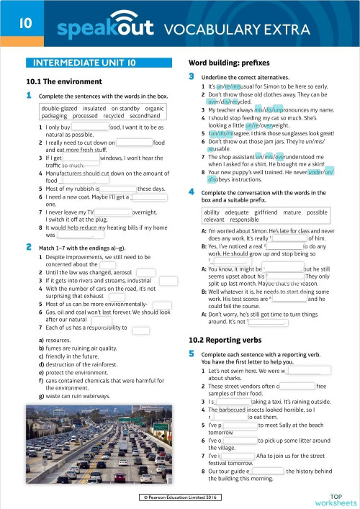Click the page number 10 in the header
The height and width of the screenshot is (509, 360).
pyautogui.click(x=24, y=23)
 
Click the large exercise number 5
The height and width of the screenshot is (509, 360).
pyautogui.click(x=192, y=354)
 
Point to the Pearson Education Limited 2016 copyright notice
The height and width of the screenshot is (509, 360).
pyautogui.click(x=180, y=497)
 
